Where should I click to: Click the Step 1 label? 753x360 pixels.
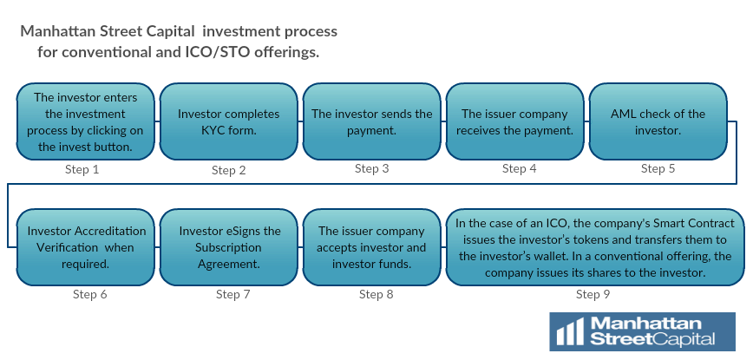pyautogui.click(x=82, y=169)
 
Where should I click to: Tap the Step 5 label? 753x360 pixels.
pyautogui.click(x=658, y=168)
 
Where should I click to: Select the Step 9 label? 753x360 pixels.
pyautogui.click(x=593, y=294)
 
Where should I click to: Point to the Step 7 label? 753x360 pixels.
pyautogui.click(x=232, y=294)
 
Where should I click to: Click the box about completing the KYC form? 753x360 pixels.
pyautogui.click(x=229, y=122)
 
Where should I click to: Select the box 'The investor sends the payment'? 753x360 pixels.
pyautogui.click(x=371, y=122)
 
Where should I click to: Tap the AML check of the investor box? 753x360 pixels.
pyautogui.click(x=658, y=122)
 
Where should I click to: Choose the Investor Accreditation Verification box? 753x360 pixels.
pyautogui.click(x=86, y=247)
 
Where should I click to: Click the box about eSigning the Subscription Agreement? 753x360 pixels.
pyautogui.click(x=229, y=247)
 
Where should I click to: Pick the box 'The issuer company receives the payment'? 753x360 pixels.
pyautogui.click(x=514, y=122)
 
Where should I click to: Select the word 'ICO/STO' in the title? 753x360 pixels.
pyautogui.click(x=218, y=52)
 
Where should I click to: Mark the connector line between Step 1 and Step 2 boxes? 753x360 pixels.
pyautogui.click(x=158, y=121)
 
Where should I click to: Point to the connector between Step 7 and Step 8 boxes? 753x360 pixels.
pyautogui.click(x=300, y=247)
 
